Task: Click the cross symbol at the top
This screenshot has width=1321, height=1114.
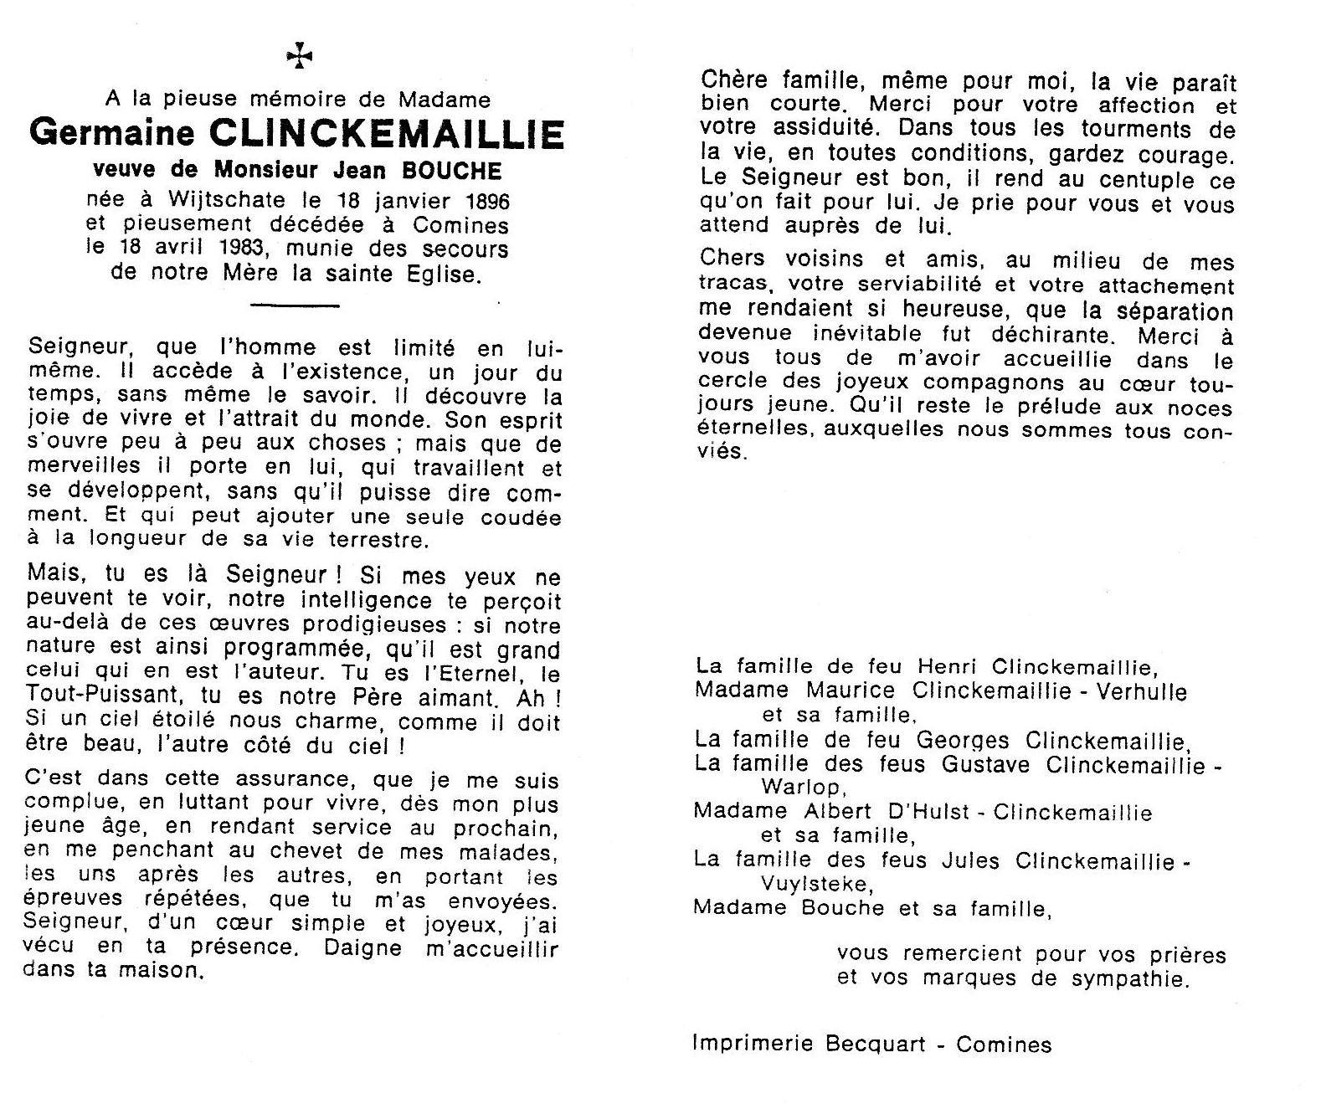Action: click(299, 56)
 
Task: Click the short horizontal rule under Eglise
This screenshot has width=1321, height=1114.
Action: click(295, 305)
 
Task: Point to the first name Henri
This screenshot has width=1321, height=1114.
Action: click(948, 667)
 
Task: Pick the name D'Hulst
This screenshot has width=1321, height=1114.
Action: click(923, 812)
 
